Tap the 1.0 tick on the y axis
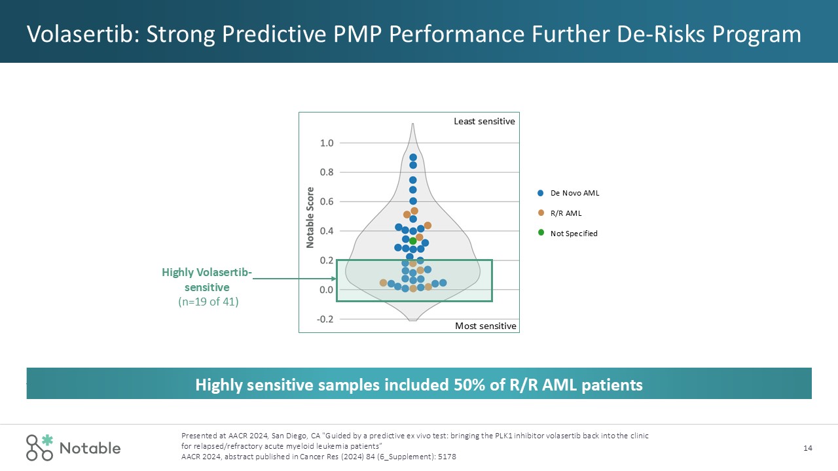click(x=327, y=143)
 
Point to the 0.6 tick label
click(x=327, y=201)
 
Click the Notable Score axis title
click(x=310, y=218)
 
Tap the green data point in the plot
click(x=413, y=241)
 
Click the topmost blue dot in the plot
click(x=413, y=158)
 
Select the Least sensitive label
click(x=484, y=121)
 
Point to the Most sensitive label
click(x=486, y=326)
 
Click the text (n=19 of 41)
click(x=208, y=302)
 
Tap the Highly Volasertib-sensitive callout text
click(x=207, y=279)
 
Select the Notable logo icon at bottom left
click(x=39, y=447)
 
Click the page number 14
click(x=807, y=448)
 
